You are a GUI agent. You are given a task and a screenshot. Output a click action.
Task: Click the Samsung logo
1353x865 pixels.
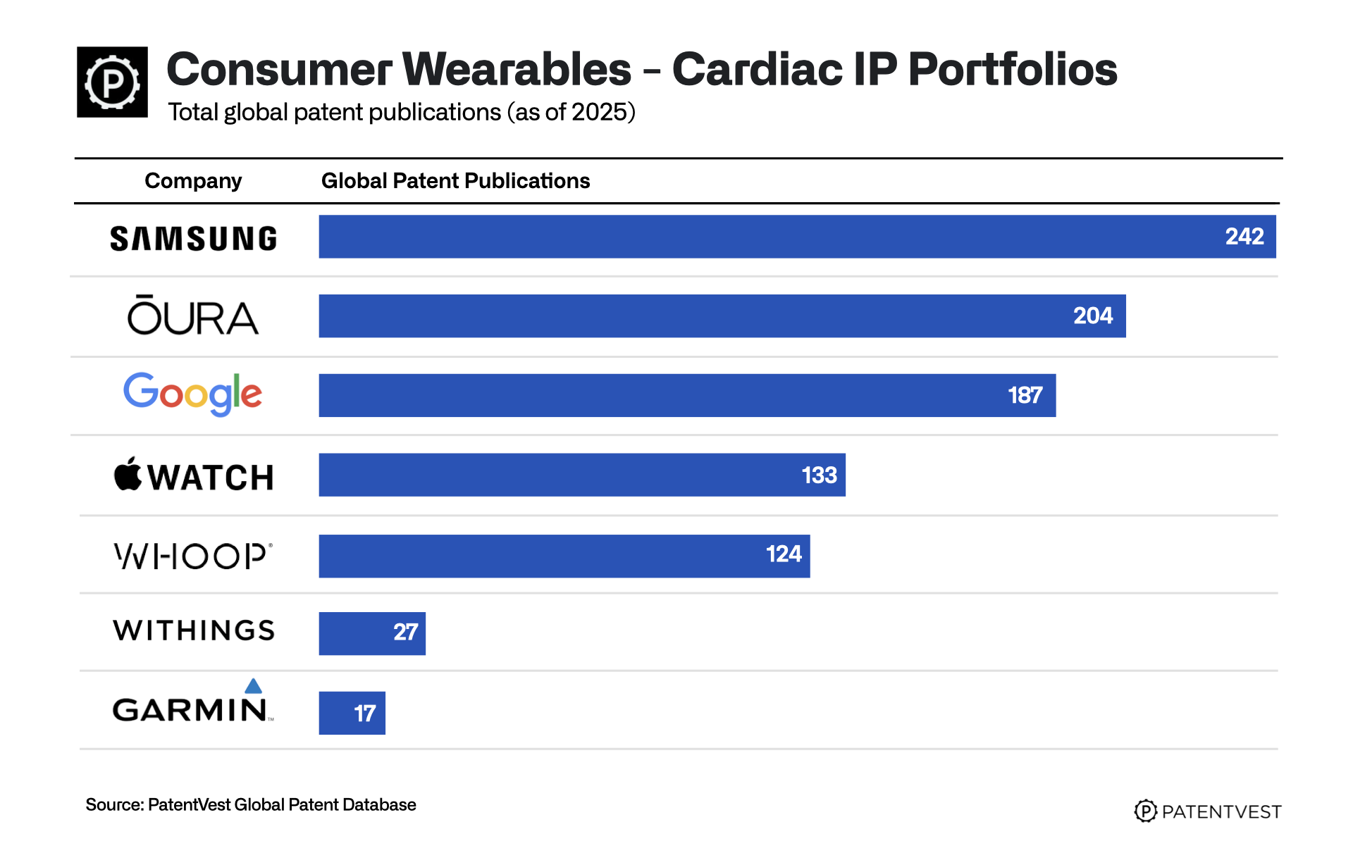(194, 239)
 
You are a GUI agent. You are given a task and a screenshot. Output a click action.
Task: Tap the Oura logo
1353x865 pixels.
(193, 316)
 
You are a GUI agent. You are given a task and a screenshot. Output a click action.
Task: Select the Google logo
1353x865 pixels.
(192, 394)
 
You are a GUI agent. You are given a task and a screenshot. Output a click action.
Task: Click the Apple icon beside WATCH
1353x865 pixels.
(128, 474)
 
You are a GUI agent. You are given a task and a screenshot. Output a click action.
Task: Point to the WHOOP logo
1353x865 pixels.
(192, 556)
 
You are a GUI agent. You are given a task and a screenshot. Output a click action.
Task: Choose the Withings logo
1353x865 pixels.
(194, 630)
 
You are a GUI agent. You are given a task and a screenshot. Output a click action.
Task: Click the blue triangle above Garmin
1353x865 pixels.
(253, 686)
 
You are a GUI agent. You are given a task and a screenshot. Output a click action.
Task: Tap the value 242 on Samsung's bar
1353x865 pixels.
(1244, 237)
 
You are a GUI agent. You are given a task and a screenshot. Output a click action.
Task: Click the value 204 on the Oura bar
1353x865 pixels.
(1092, 316)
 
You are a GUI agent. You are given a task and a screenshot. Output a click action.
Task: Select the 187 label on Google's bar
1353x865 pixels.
(1025, 395)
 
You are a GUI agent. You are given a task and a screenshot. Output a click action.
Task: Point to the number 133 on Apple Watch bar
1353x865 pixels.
(819, 475)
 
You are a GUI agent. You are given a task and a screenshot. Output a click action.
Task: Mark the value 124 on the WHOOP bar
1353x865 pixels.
(784, 554)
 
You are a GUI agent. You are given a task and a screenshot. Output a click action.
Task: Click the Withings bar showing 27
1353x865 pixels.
(372, 633)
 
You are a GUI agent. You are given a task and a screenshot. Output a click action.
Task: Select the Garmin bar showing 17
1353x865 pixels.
(352, 713)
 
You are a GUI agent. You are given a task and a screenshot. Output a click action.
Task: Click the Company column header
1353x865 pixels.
(193, 181)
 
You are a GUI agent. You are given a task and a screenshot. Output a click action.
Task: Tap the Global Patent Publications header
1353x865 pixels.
(455, 181)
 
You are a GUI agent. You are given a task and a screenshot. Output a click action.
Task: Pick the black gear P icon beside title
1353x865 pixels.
(112, 82)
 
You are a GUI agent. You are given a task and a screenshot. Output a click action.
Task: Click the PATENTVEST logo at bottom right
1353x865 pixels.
(1208, 811)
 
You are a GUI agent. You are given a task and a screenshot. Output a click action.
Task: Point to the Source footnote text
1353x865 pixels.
(251, 804)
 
